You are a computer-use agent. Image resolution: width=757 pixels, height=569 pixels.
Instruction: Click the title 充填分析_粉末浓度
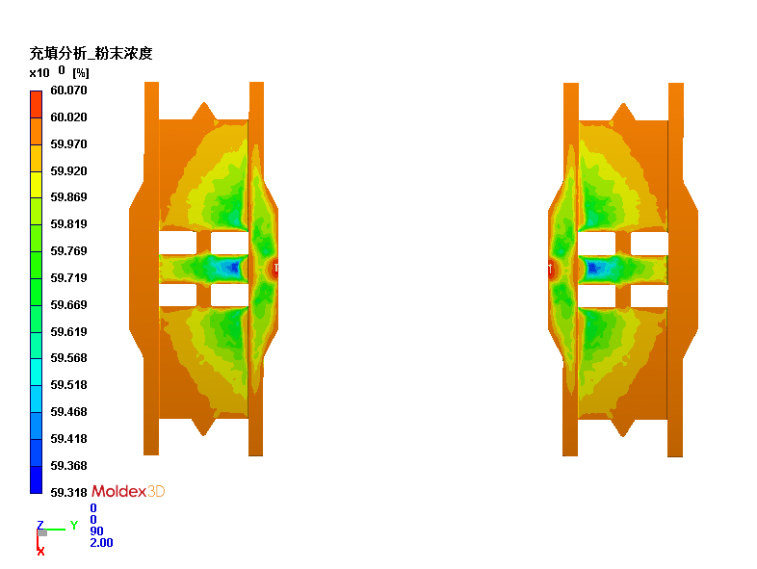91,53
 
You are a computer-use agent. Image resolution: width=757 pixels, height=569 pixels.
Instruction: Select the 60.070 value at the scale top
68,91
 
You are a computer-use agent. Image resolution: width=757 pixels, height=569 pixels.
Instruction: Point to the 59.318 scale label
68,492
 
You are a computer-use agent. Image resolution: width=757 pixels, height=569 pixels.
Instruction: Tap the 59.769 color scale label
68,251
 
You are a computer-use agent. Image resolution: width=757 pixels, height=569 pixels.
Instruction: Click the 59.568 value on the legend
68,358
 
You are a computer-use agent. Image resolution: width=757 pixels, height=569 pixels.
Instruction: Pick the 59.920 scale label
68,170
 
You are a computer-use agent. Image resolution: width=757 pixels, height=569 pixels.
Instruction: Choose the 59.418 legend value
68,439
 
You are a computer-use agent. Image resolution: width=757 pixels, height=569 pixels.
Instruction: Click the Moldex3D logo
128,491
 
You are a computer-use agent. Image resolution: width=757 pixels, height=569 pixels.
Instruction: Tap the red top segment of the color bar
37,104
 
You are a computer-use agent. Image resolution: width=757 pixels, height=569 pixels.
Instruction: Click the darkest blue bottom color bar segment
37,479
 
